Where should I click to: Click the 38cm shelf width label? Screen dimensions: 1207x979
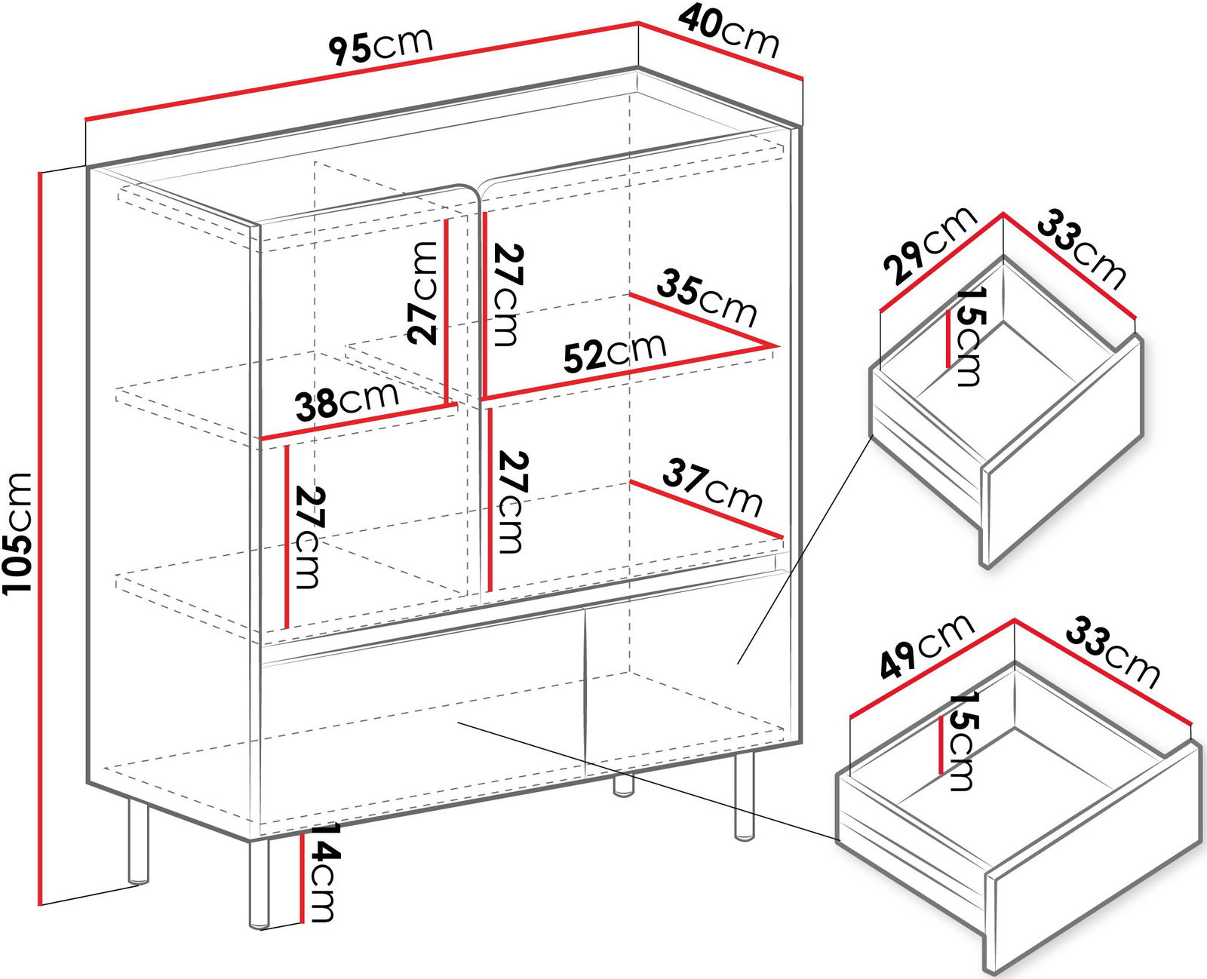pos(347,400)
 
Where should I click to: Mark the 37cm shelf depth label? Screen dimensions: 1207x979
pos(712,488)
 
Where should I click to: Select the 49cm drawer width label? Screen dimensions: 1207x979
pos(927,646)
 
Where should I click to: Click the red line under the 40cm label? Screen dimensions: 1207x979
pos(720,51)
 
